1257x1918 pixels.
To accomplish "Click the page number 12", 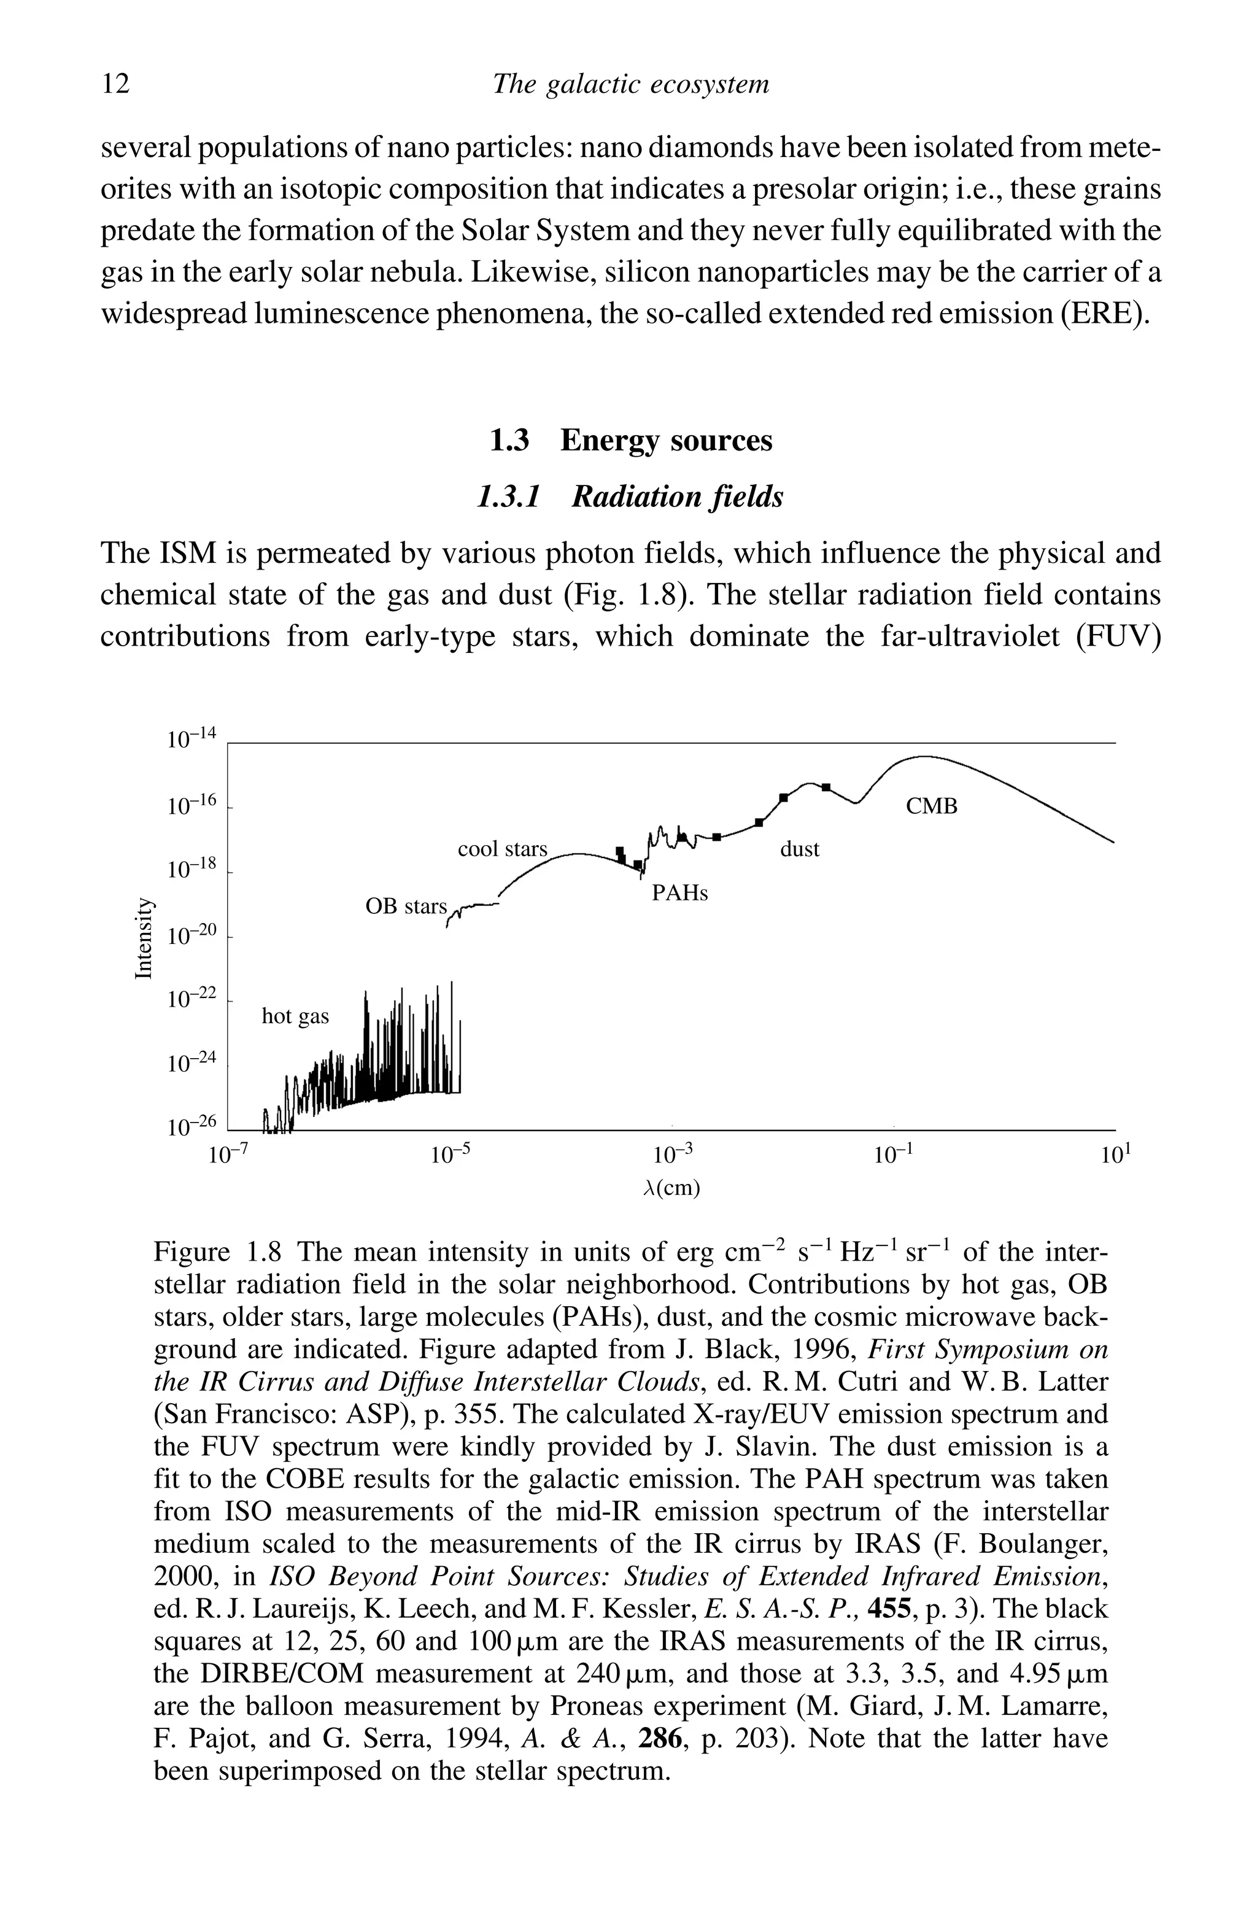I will (x=115, y=84).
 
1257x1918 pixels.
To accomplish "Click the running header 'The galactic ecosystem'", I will (x=630, y=84).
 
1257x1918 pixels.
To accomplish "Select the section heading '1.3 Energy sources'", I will (x=631, y=441).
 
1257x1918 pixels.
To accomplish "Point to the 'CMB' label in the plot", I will (x=932, y=806).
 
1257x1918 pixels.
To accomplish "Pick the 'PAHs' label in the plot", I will (x=679, y=894).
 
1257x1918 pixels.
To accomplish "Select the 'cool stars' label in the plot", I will (x=502, y=849).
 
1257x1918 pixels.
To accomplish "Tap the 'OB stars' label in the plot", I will (x=405, y=907).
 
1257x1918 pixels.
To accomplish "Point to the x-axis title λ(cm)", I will (x=673, y=1189).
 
